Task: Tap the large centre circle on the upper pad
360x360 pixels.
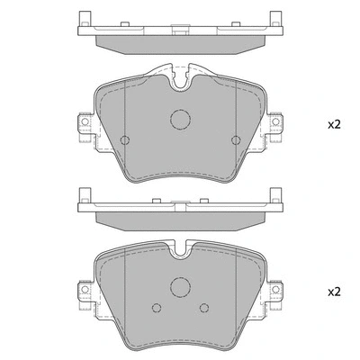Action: pyautogui.click(x=180, y=120)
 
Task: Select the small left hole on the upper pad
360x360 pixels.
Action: pyautogui.click(x=125, y=139)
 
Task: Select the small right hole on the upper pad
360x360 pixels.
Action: pyautogui.click(x=235, y=139)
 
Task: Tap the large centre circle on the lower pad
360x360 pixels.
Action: pyautogui.click(x=180, y=288)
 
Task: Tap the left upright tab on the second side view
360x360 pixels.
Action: pyautogui.click(x=83, y=194)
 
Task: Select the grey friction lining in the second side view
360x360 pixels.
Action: pyautogui.click(x=180, y=220)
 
